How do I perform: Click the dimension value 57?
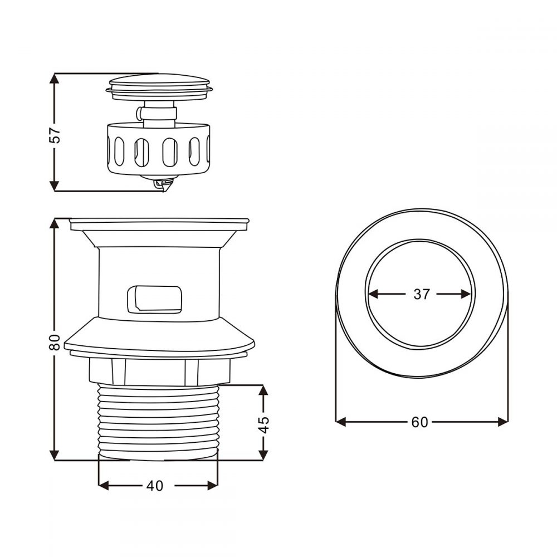click(x=55, y=135)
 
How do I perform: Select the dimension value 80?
click(x=55, y=342)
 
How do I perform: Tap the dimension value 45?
click(x=263, y=424)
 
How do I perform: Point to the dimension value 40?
click(x=155, y=486)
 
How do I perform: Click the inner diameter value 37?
click(x=422, y=294)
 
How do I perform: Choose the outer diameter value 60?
click(x=420, y=422)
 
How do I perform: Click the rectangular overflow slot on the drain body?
click(x=154, y=300)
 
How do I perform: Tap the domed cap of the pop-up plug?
click(x=159, y=80)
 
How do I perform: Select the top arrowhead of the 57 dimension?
click(x=54, y=78)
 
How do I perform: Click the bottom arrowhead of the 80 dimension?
click(x=54, y=455)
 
